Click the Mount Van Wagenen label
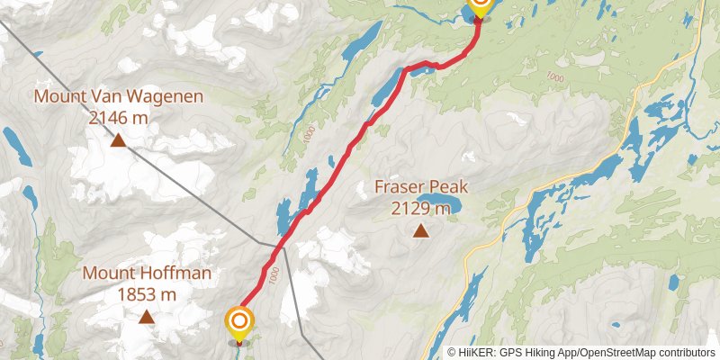tap(118, 96)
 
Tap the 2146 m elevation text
tap(118, 116)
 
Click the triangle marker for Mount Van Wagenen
tap(118, 139)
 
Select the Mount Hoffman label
tap(147, 274)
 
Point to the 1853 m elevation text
tap(147, 293)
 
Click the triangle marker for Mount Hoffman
tap(147, 317)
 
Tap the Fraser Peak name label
tap(421, 189)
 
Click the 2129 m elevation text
tap(419, 209)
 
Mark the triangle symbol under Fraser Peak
tap(420, 231)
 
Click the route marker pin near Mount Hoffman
tap(239, 323)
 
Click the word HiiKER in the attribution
tap(474, 352)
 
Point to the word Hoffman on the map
tap(179, 274)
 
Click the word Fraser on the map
tap(400, 189)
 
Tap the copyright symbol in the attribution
tap(452, 352)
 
